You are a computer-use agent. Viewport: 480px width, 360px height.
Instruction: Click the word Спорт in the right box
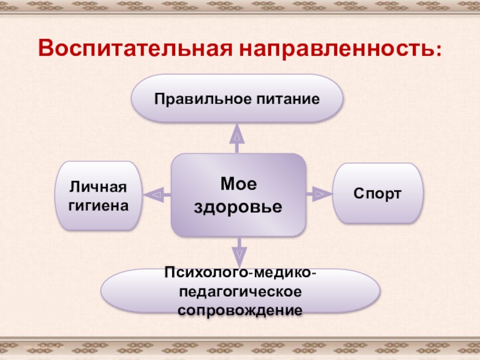(x=377, y=193)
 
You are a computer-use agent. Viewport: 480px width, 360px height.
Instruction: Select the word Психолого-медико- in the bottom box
(x=239, y=274)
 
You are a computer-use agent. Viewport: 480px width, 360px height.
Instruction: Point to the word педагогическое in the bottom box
(x=239, y=292)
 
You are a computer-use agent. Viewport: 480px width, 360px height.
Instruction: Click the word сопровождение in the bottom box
(x=239, y=311)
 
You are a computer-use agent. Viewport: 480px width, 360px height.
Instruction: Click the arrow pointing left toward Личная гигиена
(x=155, y=194)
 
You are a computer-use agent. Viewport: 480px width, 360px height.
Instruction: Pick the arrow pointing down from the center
(x=239, y=253)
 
